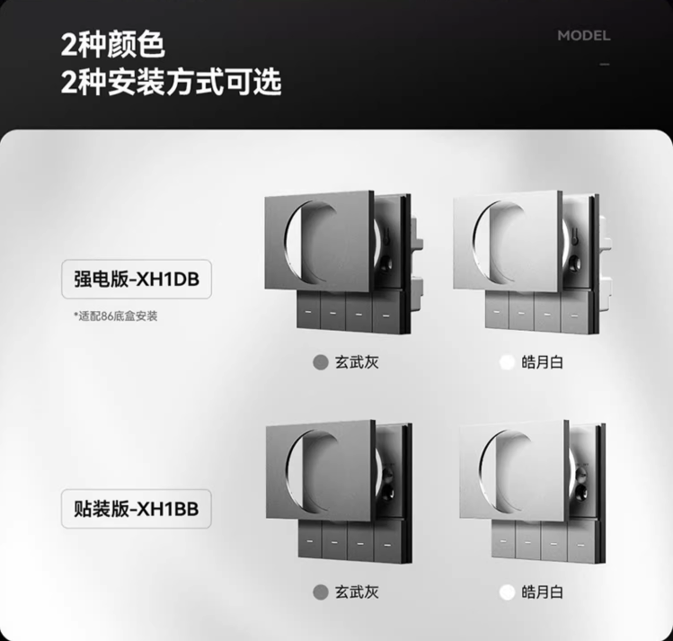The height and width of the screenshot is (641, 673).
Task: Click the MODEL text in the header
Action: pos(584,36)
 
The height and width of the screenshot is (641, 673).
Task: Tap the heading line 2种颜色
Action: pos(113,45)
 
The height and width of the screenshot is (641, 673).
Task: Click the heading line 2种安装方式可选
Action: pos(172,82)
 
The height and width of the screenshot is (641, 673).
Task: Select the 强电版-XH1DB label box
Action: pos(137,279)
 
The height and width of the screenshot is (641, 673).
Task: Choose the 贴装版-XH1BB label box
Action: pos(137,509)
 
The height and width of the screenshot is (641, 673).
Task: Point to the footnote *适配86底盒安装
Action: pos(115,316)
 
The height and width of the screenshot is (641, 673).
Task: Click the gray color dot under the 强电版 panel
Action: pos(321,362)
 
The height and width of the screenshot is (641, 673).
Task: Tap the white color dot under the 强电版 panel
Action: pos(507,362)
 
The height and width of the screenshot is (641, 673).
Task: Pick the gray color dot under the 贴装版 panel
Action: pos(321,592)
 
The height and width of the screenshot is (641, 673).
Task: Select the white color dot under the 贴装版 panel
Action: pos(507,592)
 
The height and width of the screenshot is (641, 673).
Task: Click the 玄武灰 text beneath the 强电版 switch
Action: pos(357,362)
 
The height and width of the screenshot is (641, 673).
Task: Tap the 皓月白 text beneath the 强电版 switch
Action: pos(542,362)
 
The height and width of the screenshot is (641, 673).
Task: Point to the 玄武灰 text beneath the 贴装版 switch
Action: pos(357,592)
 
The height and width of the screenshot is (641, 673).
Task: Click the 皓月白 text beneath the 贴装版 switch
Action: pos(542,592)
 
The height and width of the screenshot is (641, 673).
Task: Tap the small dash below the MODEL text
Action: pos(605,65)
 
